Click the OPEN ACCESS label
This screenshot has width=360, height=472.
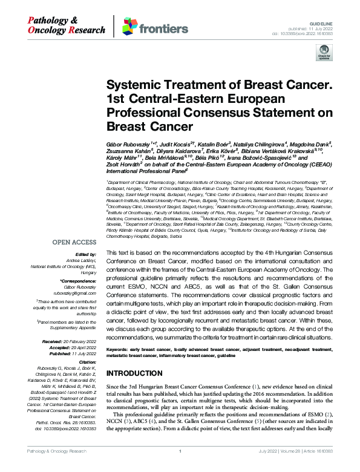[73, 242]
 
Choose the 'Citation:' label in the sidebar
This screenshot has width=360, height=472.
[85, 361]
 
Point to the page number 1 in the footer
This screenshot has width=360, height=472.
[180, 468]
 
